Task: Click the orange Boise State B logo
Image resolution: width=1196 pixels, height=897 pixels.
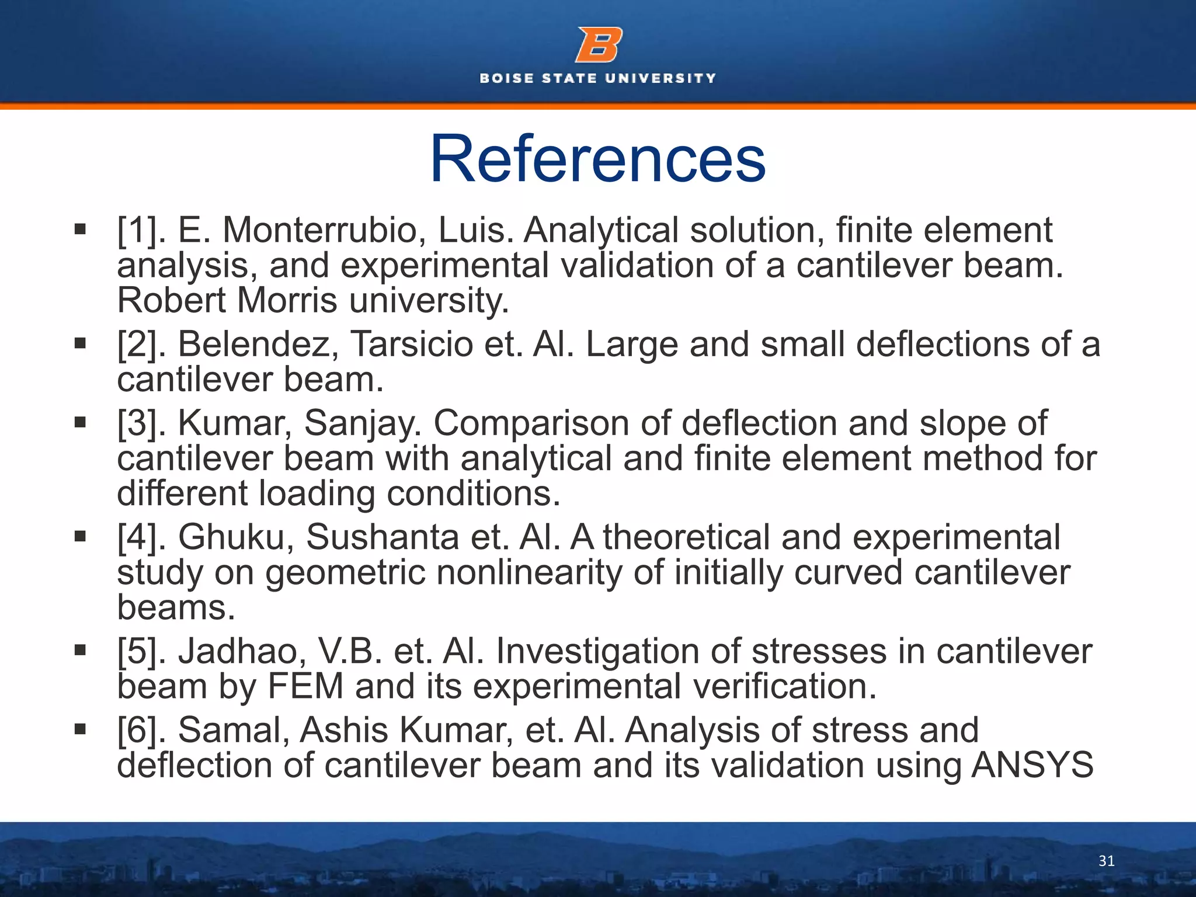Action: pos(599,45)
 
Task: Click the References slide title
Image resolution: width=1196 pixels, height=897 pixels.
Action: pos(597,159)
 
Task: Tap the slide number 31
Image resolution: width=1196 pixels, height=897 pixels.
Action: pos(1106,861)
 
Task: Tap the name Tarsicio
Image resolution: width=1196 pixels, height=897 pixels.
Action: pos(411,344)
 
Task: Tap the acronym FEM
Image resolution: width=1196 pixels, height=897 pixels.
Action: pos(305,686)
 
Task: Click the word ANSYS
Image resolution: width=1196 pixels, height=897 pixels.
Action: pos(1032,765)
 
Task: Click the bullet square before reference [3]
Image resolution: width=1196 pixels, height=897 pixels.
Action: pos(80,422)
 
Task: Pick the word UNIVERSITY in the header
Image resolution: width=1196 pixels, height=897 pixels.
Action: pos(660,78)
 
